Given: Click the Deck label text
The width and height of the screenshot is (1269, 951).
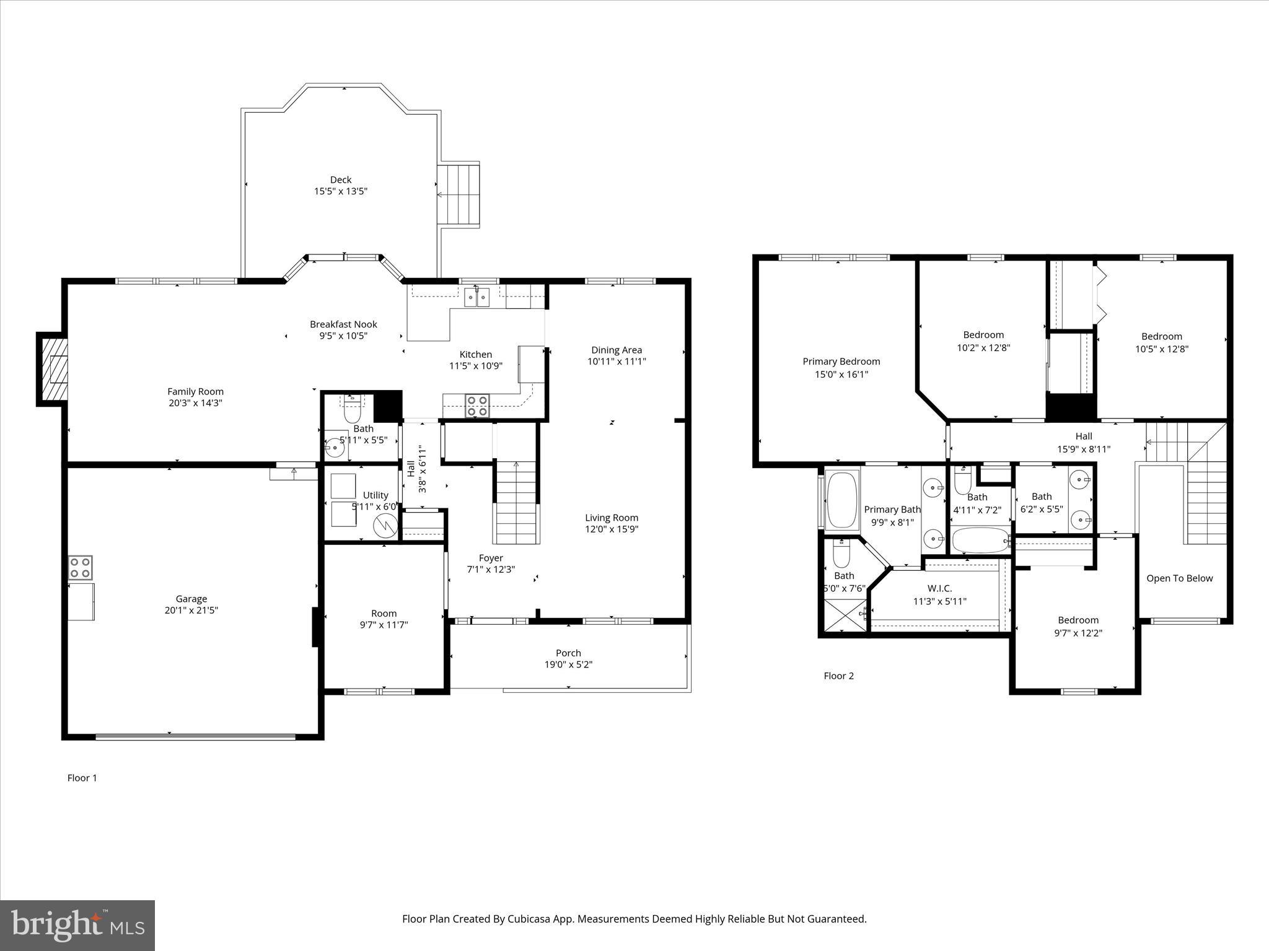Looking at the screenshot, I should (340, 180).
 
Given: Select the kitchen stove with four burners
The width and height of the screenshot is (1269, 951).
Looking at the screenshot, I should (477, 406).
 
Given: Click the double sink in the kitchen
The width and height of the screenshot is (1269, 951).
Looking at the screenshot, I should (477, 298).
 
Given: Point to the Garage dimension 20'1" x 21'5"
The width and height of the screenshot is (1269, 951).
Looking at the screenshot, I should (191, 610).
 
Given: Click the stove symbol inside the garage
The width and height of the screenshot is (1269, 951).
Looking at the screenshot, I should (81, 568).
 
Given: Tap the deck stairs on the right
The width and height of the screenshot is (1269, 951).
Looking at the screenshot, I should (459, 194).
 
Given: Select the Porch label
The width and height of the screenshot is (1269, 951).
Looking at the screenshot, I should (568, 653).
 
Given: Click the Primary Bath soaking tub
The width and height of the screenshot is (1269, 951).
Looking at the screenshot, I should (841, 500).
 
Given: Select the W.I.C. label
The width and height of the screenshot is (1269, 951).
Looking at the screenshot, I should (939, 588).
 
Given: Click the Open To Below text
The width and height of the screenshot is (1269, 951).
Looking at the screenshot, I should (1179, 578).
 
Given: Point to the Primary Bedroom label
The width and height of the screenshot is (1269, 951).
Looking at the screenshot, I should (841, 362).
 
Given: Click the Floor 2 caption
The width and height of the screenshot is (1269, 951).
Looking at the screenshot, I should (838, 675).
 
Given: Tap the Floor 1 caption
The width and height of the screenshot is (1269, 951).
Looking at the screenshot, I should (82, 778).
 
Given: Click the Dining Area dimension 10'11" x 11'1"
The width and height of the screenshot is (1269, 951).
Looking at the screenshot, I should (617, 362).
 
